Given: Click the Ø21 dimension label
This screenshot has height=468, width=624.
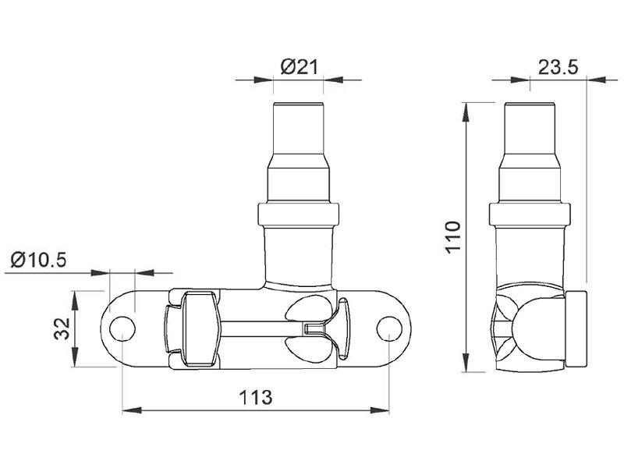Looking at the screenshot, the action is (300, 67).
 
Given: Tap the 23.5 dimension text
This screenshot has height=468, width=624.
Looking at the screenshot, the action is (558, 67).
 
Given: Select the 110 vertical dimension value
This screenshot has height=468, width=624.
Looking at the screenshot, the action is (453, 236).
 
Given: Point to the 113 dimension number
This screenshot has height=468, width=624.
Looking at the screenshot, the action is (256, 397).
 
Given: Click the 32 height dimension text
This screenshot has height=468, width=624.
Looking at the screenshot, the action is (62, 328).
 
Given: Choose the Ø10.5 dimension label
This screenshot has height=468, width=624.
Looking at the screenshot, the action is (38, 261).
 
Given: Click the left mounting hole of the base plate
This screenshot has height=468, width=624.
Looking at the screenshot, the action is (122, 329).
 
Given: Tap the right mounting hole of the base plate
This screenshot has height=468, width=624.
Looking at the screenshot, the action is (389, 328).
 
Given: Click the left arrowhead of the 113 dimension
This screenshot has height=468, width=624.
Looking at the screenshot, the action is (132, 410).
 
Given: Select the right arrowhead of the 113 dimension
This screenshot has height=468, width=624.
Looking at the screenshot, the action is (380, 410).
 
